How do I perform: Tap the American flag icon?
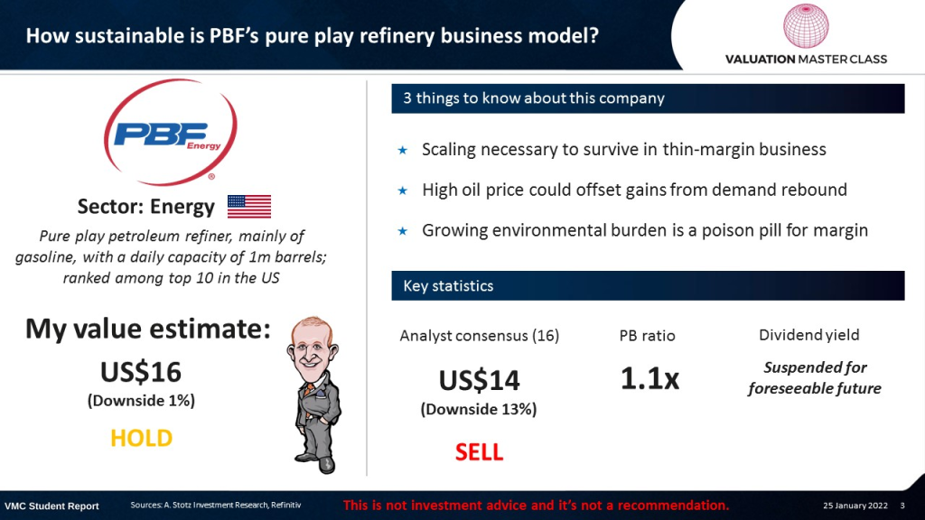pos(249,207)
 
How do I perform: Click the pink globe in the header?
pos(806,26)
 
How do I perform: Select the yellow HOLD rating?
pos(142,438)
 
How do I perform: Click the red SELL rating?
pos(479,452)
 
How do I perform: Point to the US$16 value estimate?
pos(141,372)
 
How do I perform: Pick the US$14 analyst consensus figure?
pos(479,380)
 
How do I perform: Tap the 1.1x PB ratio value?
pos(649,378)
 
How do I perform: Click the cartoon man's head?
pos(313,345)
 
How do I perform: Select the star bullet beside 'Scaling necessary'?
pos(402,151)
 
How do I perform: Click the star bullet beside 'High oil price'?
pos(402,190)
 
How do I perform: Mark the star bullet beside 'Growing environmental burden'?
pos(402,231)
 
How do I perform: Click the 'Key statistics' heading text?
pos(448,286)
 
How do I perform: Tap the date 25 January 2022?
pos(855,506)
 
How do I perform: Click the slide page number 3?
pos(902,506)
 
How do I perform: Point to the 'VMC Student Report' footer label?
pos(51,506)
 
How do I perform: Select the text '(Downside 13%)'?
pos(479,409)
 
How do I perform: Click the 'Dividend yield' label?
pos(808,335)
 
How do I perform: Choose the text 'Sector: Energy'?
pos(146,207)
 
